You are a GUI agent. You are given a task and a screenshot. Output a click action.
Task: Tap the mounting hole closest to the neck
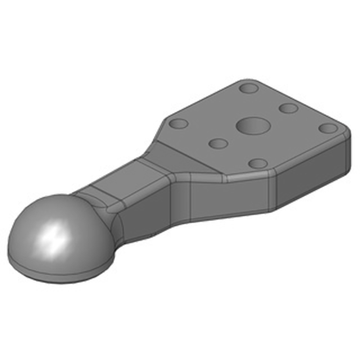tap(179, 123)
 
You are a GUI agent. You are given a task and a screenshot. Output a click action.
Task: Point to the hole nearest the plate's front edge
tap(257, 163)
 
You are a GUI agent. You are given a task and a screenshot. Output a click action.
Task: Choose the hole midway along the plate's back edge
tap(288, 108)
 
